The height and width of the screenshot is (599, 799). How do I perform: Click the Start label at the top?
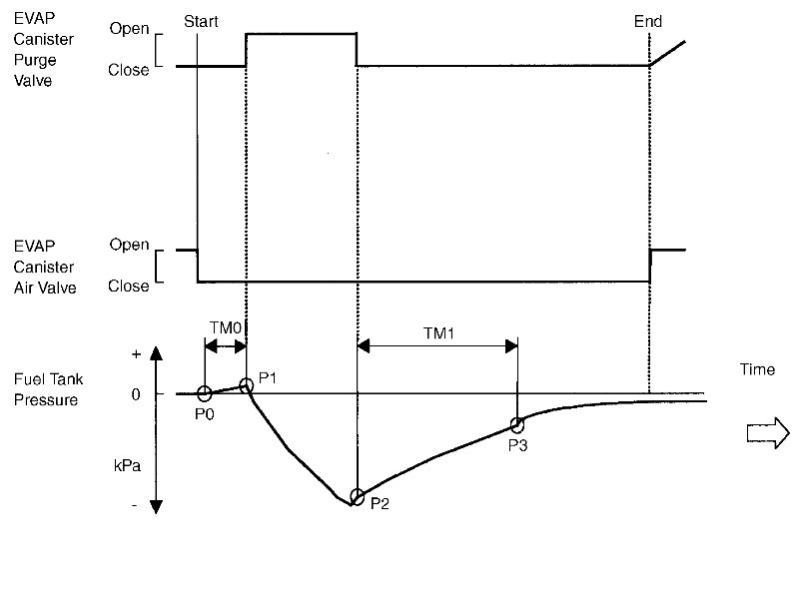pyautogui.click(x=202, y=21)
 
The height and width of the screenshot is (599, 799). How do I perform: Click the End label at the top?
pyautogui.click(x=647, y=21)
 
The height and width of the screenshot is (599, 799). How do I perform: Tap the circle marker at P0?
pyautogui.click(x=204, y=393)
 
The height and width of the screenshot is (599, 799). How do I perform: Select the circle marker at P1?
pyautogui.click(x=247, y=385)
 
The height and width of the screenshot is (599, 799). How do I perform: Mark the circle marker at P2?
pyautogui.click(x=357, y=496)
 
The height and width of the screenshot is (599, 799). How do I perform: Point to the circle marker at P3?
pyautogui.click(x=517, y=425)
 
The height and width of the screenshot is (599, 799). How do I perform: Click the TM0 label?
pyautogui.click(x=225, y=326)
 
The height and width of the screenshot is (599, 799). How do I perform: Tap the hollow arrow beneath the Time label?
pyautogui.click(x=768, y=432)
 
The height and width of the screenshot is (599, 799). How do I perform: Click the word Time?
pyautogui.click(x=757, y=369)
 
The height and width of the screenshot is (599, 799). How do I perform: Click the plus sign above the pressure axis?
pyautogui.click(x=136, y=354)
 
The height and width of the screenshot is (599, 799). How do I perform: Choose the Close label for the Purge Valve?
pyautogui.click(x=130, y=70)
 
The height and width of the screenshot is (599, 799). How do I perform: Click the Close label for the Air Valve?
pyautogui.click(x=130, y=286)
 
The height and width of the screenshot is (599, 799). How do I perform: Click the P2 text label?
pyautogui.click(x=380, y=504)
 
